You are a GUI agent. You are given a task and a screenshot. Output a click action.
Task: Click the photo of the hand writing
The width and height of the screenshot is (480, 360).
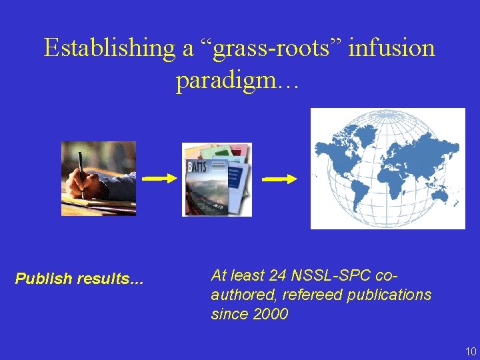(99, 178)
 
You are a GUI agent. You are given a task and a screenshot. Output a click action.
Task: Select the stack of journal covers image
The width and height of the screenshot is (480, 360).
(217, 179)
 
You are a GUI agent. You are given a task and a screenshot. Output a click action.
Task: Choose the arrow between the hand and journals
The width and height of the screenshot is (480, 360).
(159, 178)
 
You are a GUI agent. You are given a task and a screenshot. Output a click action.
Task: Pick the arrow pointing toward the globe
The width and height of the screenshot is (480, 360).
(279, 179)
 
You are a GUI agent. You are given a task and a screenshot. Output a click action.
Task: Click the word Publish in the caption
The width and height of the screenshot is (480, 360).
(44, 279)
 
